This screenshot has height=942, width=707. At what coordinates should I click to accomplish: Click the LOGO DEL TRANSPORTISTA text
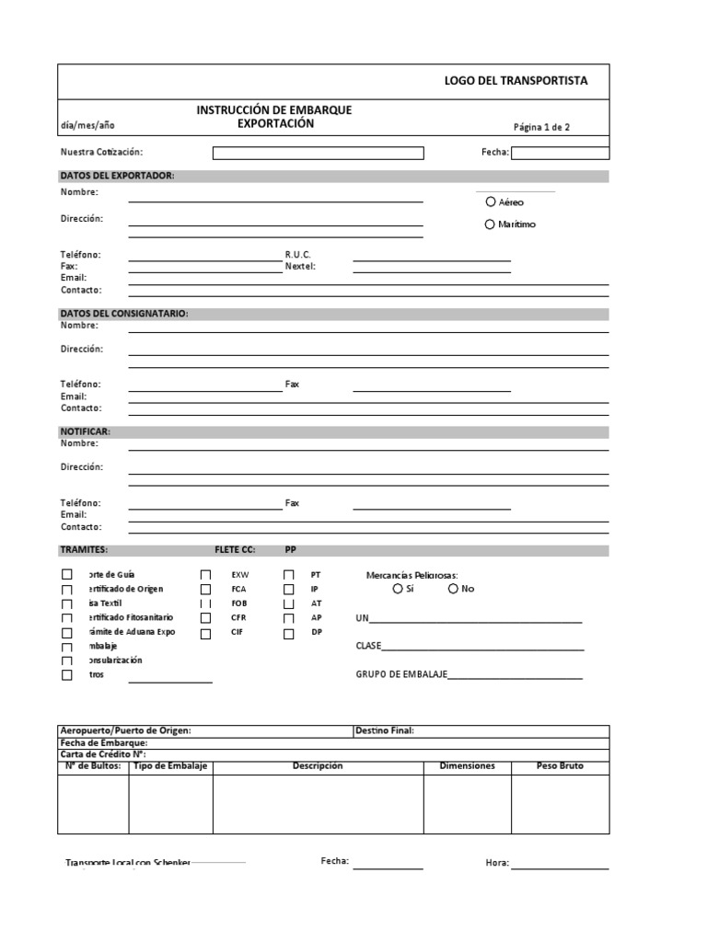[x=516, y=81]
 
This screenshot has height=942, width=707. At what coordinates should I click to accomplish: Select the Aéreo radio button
[x=490, y=201]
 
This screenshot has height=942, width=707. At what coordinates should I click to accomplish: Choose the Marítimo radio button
[x=490, y=224]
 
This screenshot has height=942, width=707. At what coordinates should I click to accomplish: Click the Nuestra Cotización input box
[x=318, y=153]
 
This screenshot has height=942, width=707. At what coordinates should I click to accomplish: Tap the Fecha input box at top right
[x=560, y=153]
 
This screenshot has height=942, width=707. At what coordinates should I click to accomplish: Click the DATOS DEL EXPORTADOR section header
[x=117, y=176]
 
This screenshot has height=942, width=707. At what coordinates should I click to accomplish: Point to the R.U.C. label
[x=298, y=254]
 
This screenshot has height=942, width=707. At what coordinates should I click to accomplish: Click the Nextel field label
[x=300, y=266]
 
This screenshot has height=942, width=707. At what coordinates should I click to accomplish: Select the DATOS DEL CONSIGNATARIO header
[x=124, y=314]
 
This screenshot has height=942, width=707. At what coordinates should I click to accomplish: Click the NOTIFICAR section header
[x=86, y=431]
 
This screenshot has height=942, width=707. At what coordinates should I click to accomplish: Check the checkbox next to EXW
[x=205, y=574]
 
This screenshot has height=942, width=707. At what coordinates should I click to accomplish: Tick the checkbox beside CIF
[x=205, y=633]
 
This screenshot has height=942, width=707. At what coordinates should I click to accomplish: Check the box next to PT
[x=289, y=574]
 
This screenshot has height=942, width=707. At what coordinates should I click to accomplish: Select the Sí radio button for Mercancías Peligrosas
[x=398, y=589]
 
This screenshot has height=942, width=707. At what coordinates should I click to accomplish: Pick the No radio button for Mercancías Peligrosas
[x=453, y=589]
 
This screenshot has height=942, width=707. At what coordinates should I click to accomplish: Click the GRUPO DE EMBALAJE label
[x=401, y=674]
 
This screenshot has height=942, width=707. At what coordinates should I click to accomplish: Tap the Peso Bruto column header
[x=560, y=765]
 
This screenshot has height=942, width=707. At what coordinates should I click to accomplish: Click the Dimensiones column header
[x=467, y=765]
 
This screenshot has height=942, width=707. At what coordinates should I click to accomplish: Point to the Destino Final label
[x=384, y=730]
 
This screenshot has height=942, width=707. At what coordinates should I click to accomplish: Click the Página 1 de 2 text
[x=541, y=127]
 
